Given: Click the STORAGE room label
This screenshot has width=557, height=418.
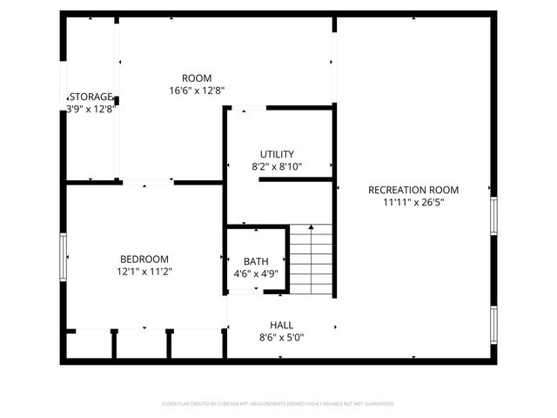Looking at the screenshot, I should (x=91, y=97).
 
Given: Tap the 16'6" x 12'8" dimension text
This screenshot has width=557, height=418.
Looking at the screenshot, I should (x=197, y=90).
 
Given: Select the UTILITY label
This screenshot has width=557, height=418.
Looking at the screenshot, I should (x=277, y=154).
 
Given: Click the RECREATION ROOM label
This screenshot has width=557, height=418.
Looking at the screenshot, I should (x=413, y=190).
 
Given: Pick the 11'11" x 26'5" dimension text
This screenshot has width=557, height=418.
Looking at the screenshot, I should (x=413, y=202).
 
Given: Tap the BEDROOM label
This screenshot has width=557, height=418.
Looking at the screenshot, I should (x=144, y=260).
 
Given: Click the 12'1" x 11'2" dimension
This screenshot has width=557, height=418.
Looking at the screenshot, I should (x=144, y=272).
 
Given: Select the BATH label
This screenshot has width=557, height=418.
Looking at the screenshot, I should (x=256, y=261).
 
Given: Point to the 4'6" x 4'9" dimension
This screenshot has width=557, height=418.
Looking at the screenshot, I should (x=256, y=273).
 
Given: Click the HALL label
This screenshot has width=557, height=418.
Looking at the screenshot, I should (x=281, y=325).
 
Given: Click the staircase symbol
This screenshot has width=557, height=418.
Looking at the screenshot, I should (x=312, y=260).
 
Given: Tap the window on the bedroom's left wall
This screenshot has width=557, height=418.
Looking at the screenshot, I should (x=63, y=257).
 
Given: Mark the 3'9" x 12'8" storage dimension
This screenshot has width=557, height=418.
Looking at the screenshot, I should (x=91, y=109).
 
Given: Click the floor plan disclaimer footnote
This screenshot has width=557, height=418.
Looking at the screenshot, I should (x=278, y=403).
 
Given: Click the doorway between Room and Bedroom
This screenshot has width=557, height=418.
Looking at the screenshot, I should (x=148, y=183).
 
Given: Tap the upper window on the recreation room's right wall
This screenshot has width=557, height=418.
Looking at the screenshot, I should (x=493, y=217).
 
